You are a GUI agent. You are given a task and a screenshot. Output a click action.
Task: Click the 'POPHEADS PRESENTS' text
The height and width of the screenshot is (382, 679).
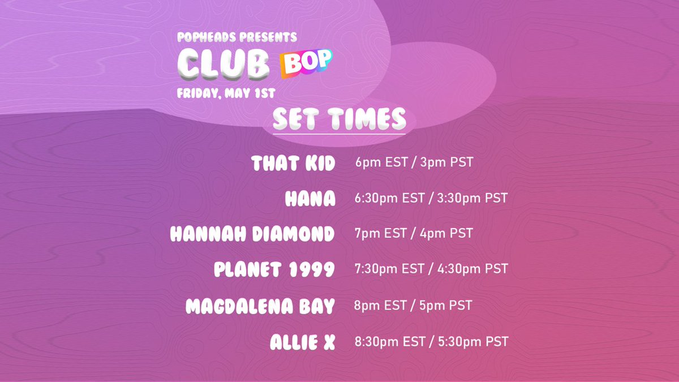click(237, 37)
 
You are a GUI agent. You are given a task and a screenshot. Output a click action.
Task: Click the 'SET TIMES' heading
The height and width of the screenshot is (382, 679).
click(339, 118)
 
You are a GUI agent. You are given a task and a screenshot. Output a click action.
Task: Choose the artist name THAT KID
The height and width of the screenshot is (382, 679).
click(293, 164)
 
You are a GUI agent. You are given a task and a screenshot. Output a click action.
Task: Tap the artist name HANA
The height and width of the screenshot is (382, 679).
click(310, 198)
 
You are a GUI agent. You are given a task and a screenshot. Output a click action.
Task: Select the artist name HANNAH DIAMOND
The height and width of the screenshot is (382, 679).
click(252, 234)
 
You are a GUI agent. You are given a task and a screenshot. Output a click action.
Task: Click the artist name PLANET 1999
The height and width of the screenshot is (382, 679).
click(274, 269)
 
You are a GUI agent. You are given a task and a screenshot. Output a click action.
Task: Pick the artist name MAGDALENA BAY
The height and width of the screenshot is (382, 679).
click(260, 306)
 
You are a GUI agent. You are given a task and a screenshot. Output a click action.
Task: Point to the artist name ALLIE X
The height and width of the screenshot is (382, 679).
click(303, 342)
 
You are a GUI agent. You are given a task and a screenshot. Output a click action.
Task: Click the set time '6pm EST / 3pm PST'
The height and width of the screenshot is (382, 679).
click(414, 163)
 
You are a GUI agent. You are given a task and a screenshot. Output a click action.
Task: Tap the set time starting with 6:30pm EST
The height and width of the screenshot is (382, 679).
click(431, 198)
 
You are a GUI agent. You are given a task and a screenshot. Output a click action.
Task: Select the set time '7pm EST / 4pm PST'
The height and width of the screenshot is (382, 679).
click(414, 233)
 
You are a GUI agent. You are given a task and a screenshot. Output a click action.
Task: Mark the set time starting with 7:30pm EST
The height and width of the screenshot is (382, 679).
click(431, 268)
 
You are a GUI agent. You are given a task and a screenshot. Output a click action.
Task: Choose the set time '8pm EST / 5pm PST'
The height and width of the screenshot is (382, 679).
click(413, 306)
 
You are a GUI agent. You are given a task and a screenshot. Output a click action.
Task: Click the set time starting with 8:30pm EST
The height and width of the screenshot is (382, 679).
click(431, 341)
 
